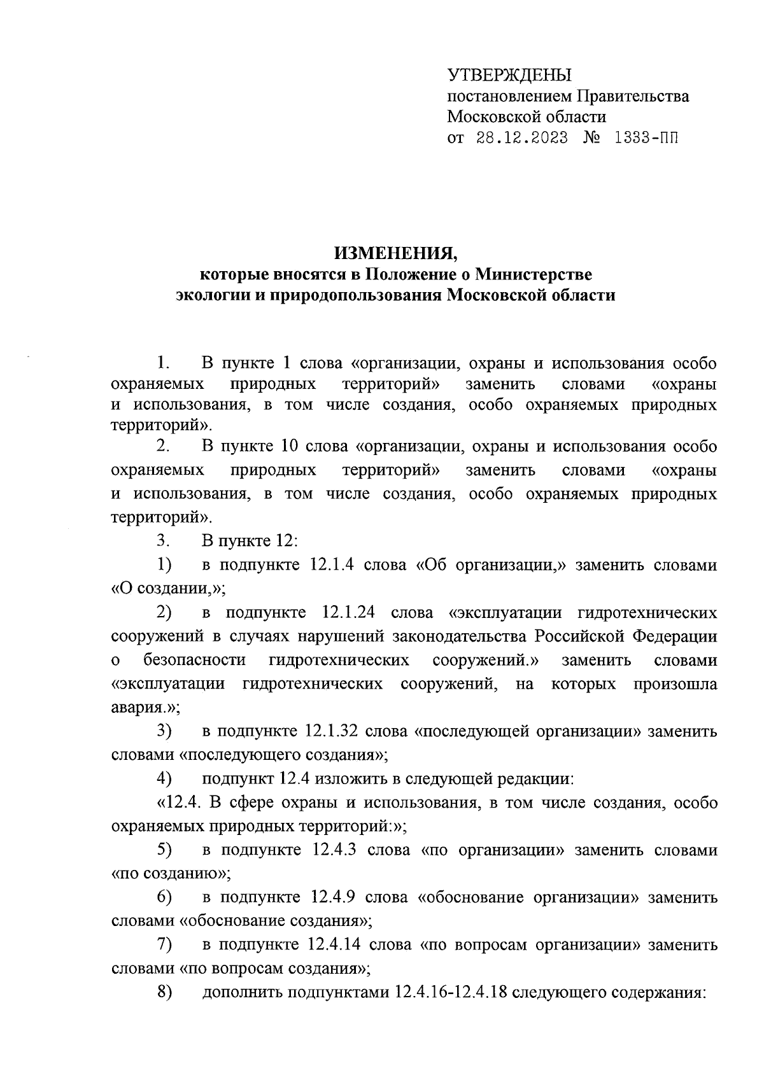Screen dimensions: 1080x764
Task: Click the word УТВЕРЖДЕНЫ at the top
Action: [509, 75]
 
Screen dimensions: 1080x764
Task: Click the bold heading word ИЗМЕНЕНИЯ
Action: [396, 254]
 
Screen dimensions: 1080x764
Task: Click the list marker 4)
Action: [165, 778]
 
